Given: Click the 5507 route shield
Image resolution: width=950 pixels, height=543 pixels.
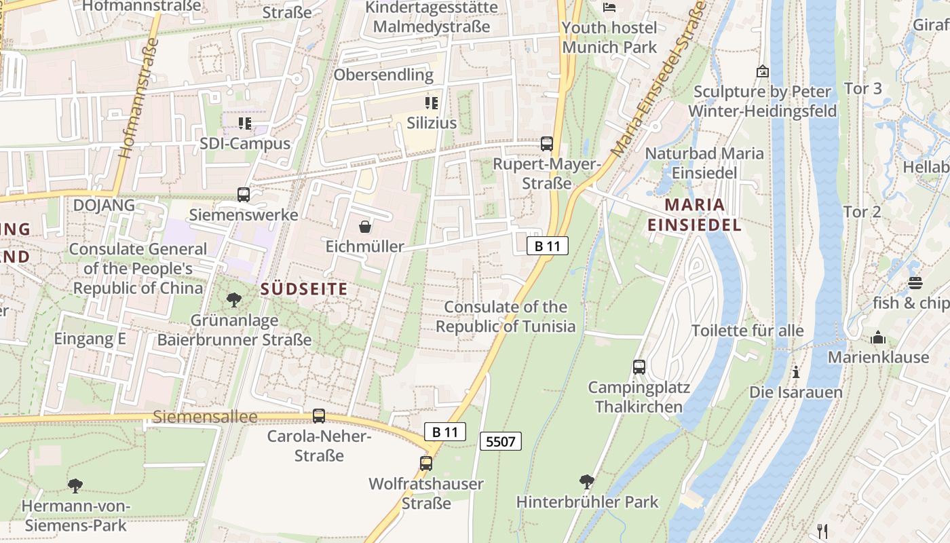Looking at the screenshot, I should (501, 442).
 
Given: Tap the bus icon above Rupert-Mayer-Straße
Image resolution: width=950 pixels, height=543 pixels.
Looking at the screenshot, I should (546, 144).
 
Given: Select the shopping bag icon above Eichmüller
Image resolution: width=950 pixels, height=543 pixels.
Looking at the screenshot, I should (365, 227).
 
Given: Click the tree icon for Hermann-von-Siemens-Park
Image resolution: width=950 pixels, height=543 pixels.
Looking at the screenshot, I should (75, 485).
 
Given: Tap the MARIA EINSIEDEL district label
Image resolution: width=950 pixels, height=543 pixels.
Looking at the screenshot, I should (693, 214).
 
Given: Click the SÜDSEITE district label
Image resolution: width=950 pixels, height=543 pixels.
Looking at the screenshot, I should (304, 289).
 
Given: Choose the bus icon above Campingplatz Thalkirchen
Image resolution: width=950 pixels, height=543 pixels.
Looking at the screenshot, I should (639, 367).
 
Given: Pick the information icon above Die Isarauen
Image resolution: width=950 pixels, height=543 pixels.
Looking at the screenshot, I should (795, 372).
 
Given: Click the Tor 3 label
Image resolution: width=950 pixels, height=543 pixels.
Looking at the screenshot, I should (862, 88).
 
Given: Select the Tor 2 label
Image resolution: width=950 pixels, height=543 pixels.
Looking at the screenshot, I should (862, 212).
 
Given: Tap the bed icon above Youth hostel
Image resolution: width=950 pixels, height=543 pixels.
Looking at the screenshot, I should (609, 7).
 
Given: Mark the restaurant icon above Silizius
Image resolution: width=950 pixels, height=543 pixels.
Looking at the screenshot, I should (432, 103).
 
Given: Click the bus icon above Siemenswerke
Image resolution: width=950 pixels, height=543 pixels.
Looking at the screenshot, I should (243, 195).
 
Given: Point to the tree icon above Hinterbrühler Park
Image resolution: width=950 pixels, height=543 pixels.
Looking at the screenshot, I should (587, 482).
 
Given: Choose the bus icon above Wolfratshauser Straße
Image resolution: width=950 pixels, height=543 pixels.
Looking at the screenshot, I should (425, 464).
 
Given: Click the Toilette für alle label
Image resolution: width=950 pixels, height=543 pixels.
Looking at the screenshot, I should (747, 331).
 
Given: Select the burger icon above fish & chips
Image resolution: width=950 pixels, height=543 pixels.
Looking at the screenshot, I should (915, 283).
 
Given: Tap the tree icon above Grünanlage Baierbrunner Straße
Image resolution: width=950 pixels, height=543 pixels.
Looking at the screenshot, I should (234, 299).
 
